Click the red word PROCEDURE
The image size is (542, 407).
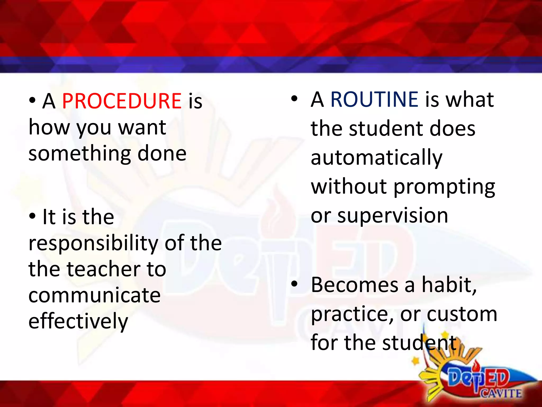121,101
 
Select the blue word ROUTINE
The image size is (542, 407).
374,99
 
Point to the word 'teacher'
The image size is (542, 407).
103,269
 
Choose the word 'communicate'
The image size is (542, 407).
94,295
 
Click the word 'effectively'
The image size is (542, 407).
78,321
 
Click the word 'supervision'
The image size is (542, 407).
393,216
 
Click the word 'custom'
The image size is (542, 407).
462,314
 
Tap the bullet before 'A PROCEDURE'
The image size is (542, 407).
32,101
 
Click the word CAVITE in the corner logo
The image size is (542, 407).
501,393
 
